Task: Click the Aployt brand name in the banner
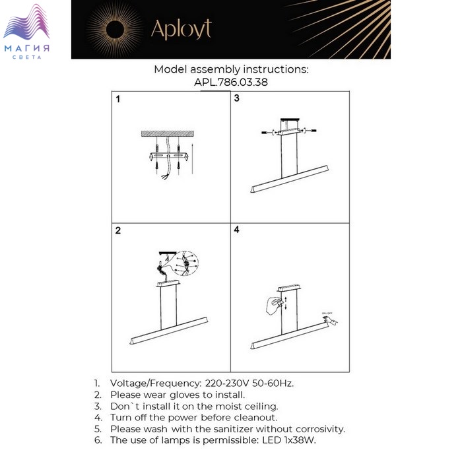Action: point(181,29)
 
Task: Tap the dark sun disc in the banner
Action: point(115,30)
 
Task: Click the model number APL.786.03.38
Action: point(231,82)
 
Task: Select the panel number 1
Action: point(118,99)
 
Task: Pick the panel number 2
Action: point(118,230)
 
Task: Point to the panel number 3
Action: point(236,98)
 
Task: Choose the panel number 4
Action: point(236,230)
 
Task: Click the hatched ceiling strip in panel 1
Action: point(168,133)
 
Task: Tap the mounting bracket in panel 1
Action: point(168,156)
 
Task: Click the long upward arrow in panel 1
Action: point(193,158)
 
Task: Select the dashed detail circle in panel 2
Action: point(186,263)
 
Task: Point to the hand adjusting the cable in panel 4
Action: point(274,306)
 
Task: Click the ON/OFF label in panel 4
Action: point(327,313)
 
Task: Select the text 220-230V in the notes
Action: point(227,383)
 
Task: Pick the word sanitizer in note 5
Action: point(234,429)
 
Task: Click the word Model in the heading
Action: point(170,69)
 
